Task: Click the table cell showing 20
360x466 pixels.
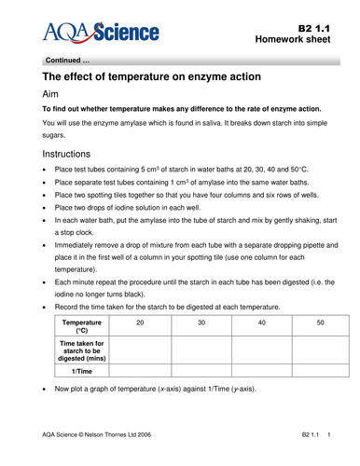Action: (x=141, y=322)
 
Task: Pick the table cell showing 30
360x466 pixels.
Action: (x=201, y=322)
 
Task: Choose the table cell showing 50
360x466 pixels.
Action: (x=320, y=322)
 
